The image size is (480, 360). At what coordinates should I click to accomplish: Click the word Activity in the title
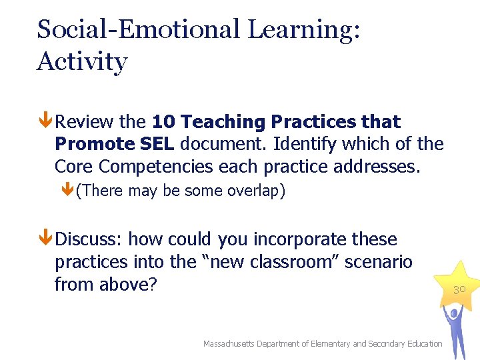coord(82,62)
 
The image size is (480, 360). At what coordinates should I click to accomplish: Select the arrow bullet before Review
coord(46,122)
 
